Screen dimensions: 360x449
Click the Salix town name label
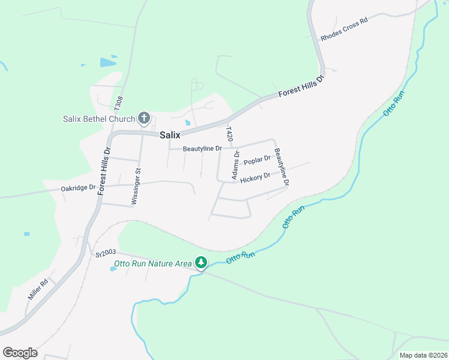coord(170,136)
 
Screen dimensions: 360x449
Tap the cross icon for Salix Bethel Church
coord(144,118)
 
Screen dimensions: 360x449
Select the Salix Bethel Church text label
coord(99,119)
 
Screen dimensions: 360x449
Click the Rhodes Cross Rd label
coord(343,28)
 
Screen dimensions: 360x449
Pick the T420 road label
coord(229,134)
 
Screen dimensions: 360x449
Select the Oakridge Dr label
coord(78,188)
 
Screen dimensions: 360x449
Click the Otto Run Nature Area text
coord(153,263)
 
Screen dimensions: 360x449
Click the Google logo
coord(20,353)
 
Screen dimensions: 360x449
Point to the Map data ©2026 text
coord(423,355)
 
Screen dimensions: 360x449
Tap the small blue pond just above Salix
coord(188,124)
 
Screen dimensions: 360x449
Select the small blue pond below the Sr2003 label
coord(113,268)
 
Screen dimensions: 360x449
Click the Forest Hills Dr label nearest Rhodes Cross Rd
coord(301,88)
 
